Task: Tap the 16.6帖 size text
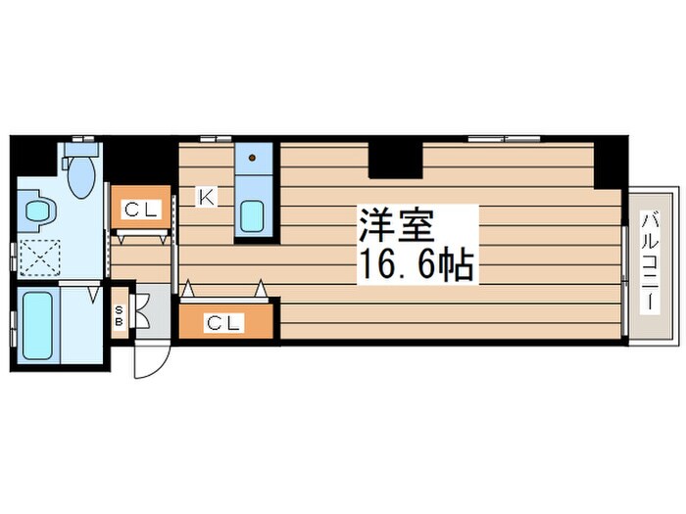(416, 264)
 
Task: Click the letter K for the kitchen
(207, 197)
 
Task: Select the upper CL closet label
(138, 208)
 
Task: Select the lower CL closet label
(223, 320)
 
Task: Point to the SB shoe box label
(120, 315)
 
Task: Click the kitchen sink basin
(254, 213)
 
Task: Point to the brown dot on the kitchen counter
(253, 157)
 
